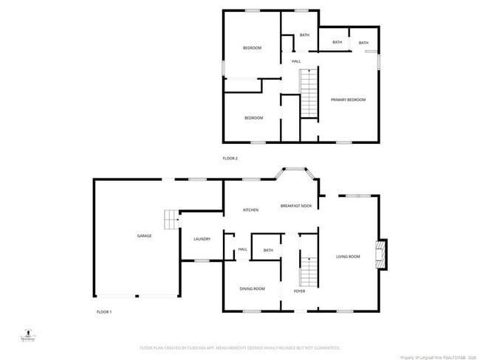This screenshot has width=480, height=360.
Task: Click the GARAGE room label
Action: [x=144, y=236]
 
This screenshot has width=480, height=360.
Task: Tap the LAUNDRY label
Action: [x=202, y=239]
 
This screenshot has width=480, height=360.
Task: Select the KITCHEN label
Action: [x=251, y=210]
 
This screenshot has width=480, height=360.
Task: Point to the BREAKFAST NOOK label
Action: [x=296, y=206]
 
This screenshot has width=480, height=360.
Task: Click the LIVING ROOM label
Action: [x=348, y=257]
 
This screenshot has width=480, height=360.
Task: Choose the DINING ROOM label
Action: [x=252, y=288]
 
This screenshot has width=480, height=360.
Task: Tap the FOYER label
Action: [x=299, y=291]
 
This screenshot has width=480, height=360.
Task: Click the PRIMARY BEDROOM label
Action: [x=348, y=100]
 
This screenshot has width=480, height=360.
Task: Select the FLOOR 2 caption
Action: [x=230, y=159]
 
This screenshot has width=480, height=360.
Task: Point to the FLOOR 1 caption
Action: [x=104, y=313]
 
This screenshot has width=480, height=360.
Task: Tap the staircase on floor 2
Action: [x=308, y=94]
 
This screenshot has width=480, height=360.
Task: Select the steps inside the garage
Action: [x=171, y=220]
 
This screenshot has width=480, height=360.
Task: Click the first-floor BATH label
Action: [x=268, y=251]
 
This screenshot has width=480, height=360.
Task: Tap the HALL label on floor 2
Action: [x=296, y=61]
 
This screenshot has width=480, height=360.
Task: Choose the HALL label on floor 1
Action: [x=242, y=250]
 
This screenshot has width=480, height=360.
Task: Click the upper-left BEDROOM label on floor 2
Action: [x=253, y=48]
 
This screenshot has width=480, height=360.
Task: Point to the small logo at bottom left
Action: [x=27, y=336]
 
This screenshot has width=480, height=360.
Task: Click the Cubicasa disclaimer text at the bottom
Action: [x=240, y=347]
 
